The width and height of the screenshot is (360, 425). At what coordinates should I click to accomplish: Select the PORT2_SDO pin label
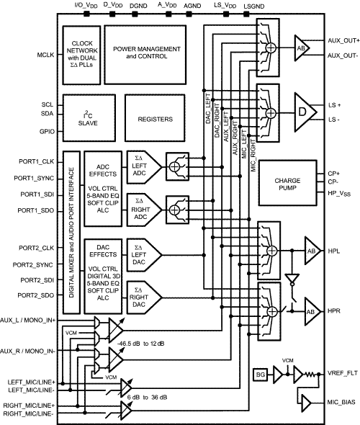pos(34,296)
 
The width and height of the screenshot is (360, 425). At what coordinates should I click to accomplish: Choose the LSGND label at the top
pos(254,6)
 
